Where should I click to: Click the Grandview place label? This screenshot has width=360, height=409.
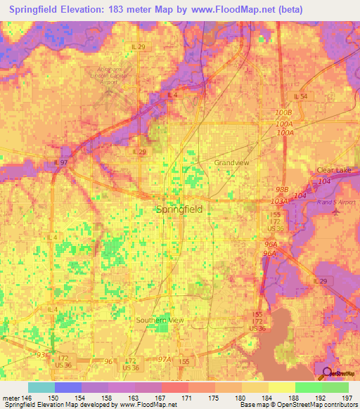click(232, 162)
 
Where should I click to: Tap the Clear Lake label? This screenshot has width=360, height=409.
click(333, 171)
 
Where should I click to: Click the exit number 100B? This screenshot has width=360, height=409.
click(283, 112)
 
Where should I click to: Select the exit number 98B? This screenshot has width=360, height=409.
click(283, 190)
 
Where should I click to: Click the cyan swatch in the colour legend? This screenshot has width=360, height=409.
click(41, 387)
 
